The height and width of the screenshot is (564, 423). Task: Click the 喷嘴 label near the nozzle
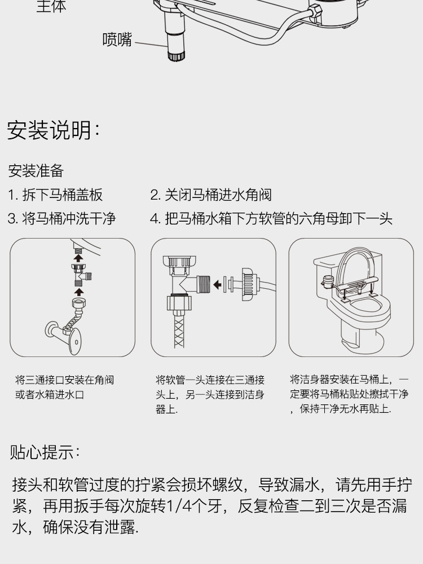pos(117,40)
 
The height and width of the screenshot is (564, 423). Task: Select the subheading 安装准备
pos(36,171)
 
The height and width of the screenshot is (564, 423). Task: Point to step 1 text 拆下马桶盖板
pos(62,195)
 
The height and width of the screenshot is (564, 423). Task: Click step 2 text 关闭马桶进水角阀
pos(217,195)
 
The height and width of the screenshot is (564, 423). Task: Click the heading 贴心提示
pos(45,452)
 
